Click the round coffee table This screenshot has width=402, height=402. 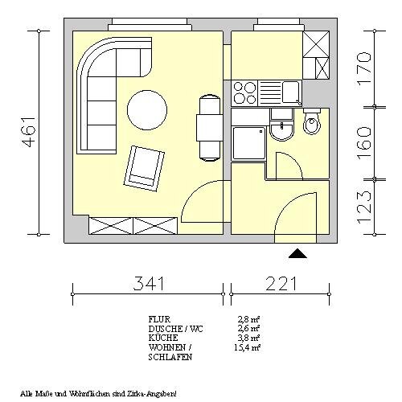[x=147, y=110]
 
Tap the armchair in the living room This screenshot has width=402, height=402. [x=144, y=169]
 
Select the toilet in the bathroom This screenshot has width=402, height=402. [x=312, y=121]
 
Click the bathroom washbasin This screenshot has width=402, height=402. [x=281, y=130]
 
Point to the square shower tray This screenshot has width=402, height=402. [x=249, y=143]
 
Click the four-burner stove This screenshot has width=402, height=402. [x=244, y=93]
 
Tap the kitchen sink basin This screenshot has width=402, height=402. [x=291, y=92]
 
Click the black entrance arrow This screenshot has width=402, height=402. [x=297, y=253]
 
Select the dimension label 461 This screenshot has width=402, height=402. [x=29, y=133]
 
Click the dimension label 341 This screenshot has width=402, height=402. [x=148, y=283]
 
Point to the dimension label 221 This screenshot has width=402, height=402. [x=281, y=283]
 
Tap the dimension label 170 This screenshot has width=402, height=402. [x=364, y=68]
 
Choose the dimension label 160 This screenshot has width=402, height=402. [x=364, y=143]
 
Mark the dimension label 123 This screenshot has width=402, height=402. [x=364, y=206]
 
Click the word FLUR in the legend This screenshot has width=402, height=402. [x=159, y=319]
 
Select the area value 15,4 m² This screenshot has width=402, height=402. [x=247, y=347]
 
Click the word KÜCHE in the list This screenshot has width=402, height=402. [x=163, y=337]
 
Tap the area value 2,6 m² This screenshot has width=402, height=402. [x=249, y=328]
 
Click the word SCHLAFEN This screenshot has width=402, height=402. [x=170, y=357]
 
